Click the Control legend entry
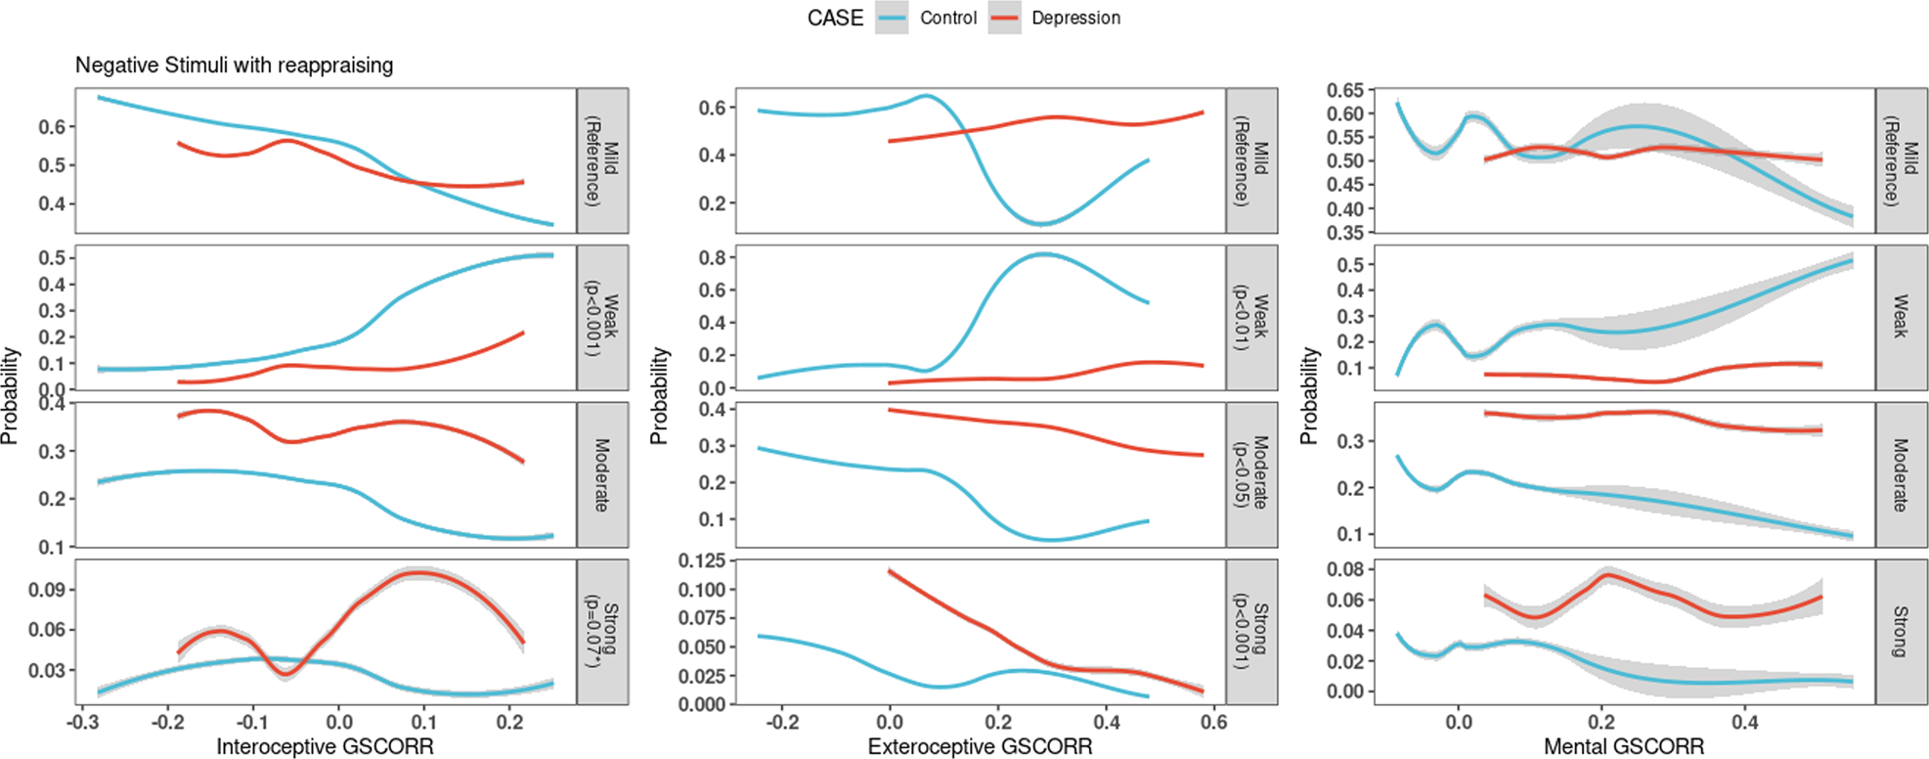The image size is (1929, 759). pyautogui.click(x=946, y=18)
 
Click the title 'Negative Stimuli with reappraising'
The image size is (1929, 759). pyautogui.click(x=235, y=66)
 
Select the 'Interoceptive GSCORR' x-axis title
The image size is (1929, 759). pyautogui.click(x=325, y=747)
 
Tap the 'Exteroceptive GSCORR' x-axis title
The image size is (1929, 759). pyautogui.click(x=980, y=747)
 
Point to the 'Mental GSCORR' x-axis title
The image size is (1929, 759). pyautogui.click(x=1623, y=747)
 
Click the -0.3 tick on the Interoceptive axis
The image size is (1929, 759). pyautogui.click(x=82, y=723)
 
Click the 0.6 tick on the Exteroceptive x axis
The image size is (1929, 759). pyautogui.click(x=1213, y=723)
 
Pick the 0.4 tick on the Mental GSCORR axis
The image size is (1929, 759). pyautogui.click(x=1744, y=723)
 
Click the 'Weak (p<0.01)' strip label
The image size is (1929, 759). pyautogui.click(x=1251, y=317)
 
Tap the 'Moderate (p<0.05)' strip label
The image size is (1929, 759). pyautogui.click(x=1251, y=473)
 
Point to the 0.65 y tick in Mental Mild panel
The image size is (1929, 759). pyautogui.click(x=1344, y=90)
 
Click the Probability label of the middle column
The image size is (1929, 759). pyautogui.click(x=660, y=396)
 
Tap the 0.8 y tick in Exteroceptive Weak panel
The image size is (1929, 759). pyautogui.click(x=711, y=258)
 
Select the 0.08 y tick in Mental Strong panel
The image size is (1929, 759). pyautogui.click(x=1344, y=569)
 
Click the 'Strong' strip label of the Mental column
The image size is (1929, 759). pyautogui.click(x=1901, y=631)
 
